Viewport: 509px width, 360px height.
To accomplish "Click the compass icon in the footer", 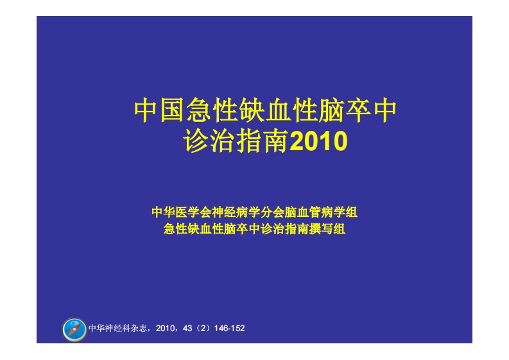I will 74,329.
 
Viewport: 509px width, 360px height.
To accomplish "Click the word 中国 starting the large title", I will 159,110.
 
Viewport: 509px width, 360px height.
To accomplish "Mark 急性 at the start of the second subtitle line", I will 174,228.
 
